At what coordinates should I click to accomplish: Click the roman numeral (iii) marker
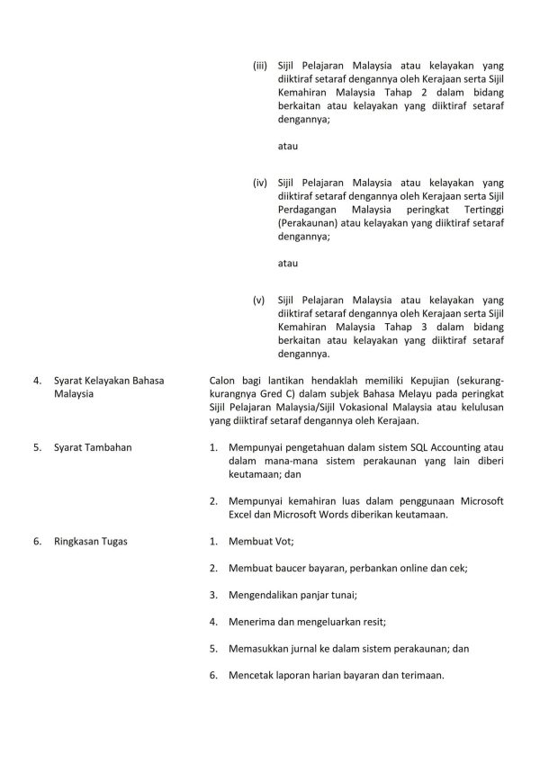point(260,66)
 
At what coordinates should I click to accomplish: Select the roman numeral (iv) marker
point(260,183)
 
